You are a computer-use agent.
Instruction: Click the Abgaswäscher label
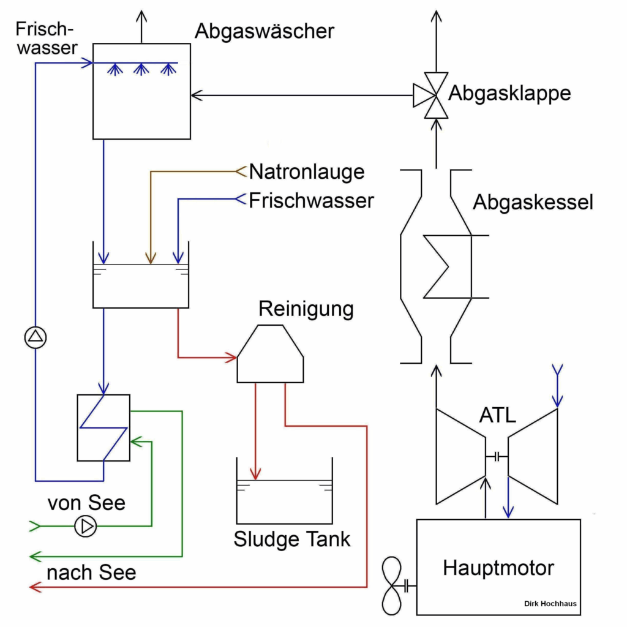[265, 31]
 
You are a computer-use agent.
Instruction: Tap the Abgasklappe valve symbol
[436, 95]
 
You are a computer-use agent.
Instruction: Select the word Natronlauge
[306, 171]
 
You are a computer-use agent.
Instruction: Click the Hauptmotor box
[498, 567]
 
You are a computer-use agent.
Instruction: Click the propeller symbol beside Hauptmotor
[391, 586]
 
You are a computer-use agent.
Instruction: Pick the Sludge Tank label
[292, 539]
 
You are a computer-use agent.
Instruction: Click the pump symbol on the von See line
[85, 526]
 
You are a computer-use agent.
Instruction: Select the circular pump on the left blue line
[36, 336]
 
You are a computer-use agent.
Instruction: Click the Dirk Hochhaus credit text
[550, 604]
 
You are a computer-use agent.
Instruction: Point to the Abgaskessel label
[533, 203]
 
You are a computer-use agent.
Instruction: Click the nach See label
[91, 573]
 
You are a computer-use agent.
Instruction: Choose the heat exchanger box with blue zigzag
[103, 427]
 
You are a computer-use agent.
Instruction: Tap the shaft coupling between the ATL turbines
[497, 456]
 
